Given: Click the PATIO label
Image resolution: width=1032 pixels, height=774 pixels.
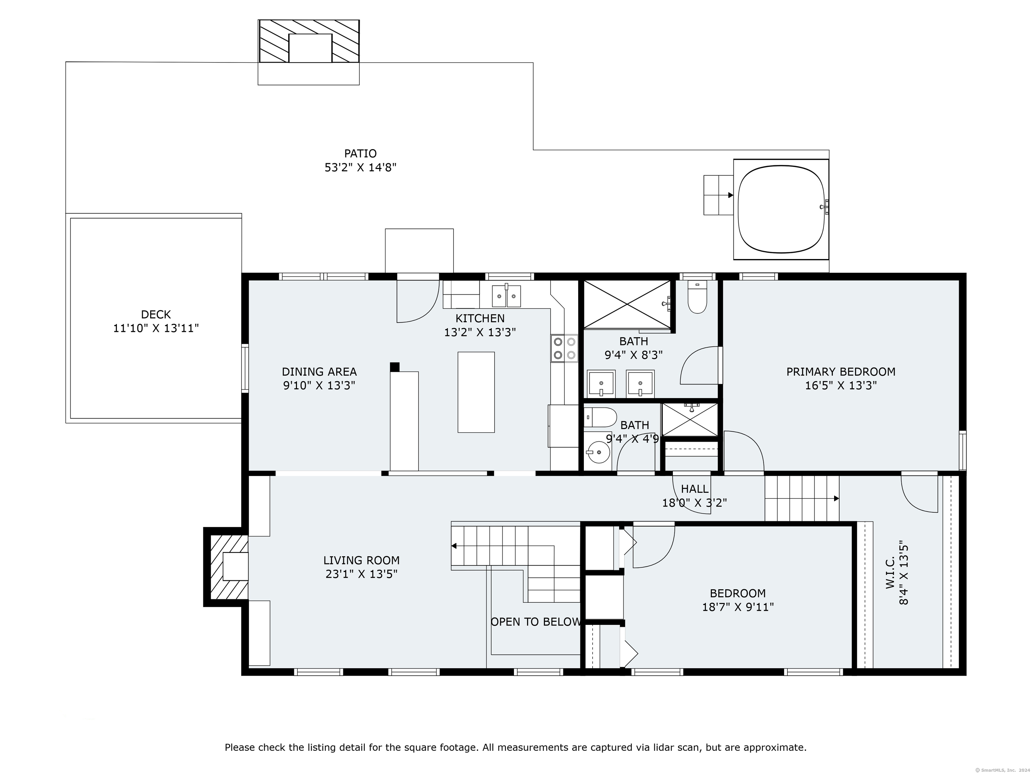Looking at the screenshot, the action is pyautogui.click(x=360, y=154).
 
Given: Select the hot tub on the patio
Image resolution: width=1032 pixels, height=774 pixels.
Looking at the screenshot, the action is pyautogui.click(x=781, y=209).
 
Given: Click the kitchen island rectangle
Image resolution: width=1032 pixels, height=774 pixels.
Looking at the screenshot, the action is pyautogui.click(x=476, y=392).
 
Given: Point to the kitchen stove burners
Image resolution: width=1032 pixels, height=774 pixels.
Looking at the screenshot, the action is pyautogui.click(x=564, y=348).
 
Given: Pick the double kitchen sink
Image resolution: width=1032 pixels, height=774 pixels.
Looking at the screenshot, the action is pyautogui.click(x=506, y=296).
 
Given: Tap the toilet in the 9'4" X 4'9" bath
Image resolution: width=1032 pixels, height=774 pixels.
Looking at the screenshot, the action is pyautogui.click(x=600, y=418).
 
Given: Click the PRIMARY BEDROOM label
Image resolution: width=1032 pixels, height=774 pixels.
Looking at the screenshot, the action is pyautogui.click(x=841, y=372).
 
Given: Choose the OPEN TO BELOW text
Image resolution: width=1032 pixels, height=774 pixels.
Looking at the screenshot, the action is pyautogui.click(x=535, y=621).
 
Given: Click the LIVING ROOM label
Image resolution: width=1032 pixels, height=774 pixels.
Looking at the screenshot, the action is pyautogui.click(x=361, y=560).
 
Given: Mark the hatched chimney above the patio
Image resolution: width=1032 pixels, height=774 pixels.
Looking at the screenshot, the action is pyautogui.click(x=309, y=41).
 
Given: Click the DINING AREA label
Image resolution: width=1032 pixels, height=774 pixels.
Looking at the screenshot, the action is pyautogui.click(x=319, y=372).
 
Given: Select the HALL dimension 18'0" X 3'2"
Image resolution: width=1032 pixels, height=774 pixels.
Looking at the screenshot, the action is pyautogui.click(x=695, y=503).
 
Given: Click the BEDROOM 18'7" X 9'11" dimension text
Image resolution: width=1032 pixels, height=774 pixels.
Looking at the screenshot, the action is pyautogui.click(x=738, y=607).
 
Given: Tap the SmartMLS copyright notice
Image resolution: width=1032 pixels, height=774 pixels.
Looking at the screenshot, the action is pyautogui.click(x=1003, y=770).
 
